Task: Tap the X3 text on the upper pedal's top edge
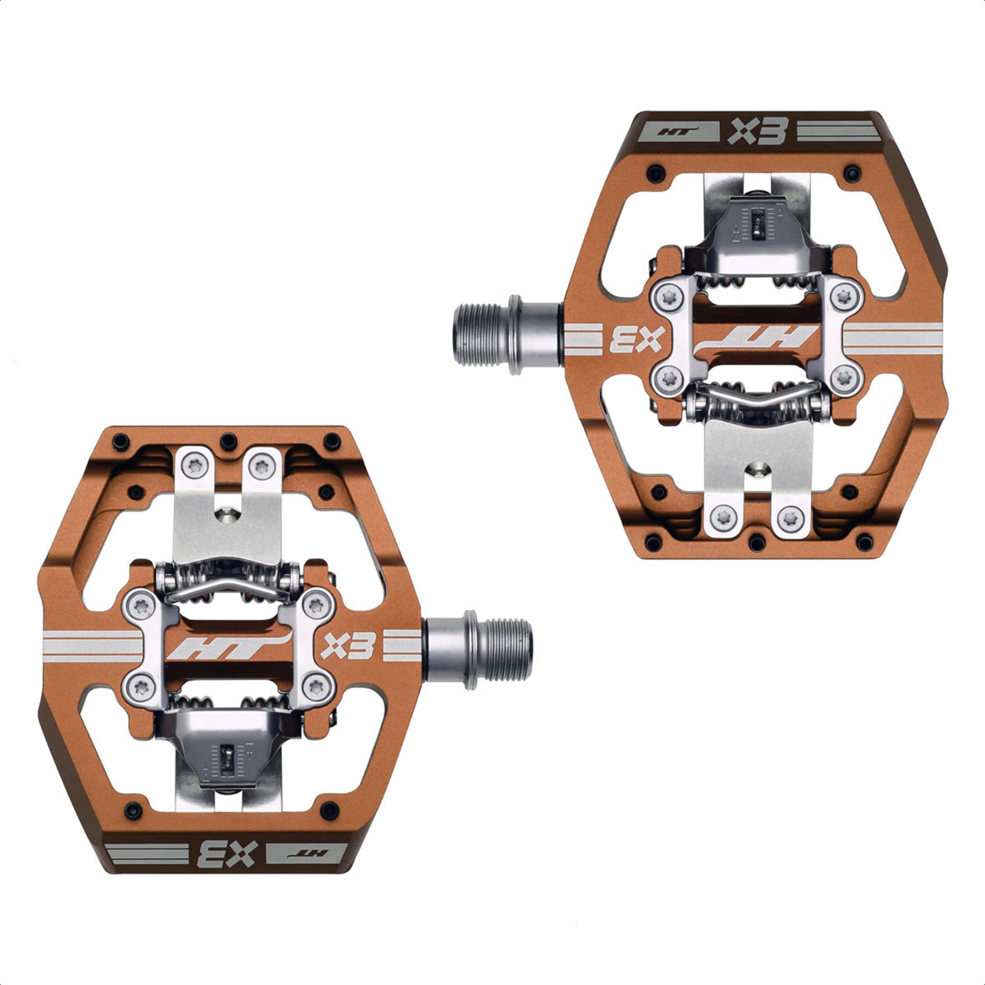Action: click(x=757, y=131)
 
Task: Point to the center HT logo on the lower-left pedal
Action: click(x=228, y=647)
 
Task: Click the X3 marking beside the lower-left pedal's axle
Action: click(x=348, y=646)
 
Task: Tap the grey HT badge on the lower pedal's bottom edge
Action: click(x=307, y=852)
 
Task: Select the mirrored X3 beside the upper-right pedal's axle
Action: click(x=637, y=339)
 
